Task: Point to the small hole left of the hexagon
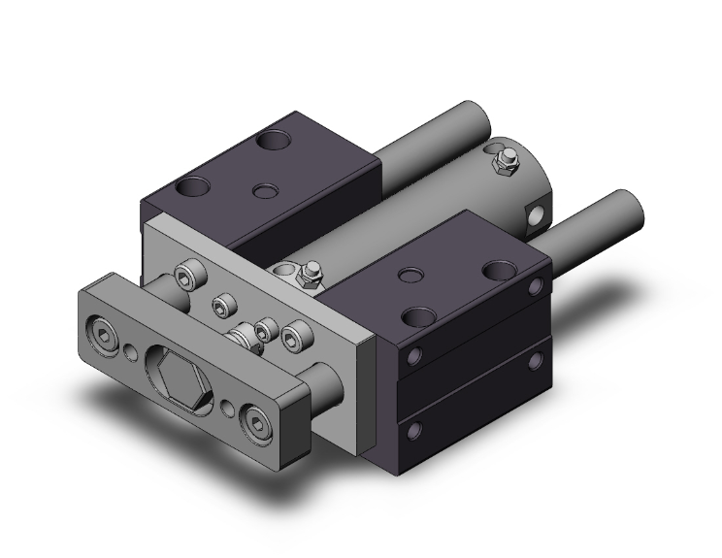(x=129, y=349)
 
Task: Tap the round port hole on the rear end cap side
(x=534, y=215)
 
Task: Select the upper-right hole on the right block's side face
(x=536, y=286)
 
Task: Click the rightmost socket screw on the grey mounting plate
(x=292, y=336)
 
